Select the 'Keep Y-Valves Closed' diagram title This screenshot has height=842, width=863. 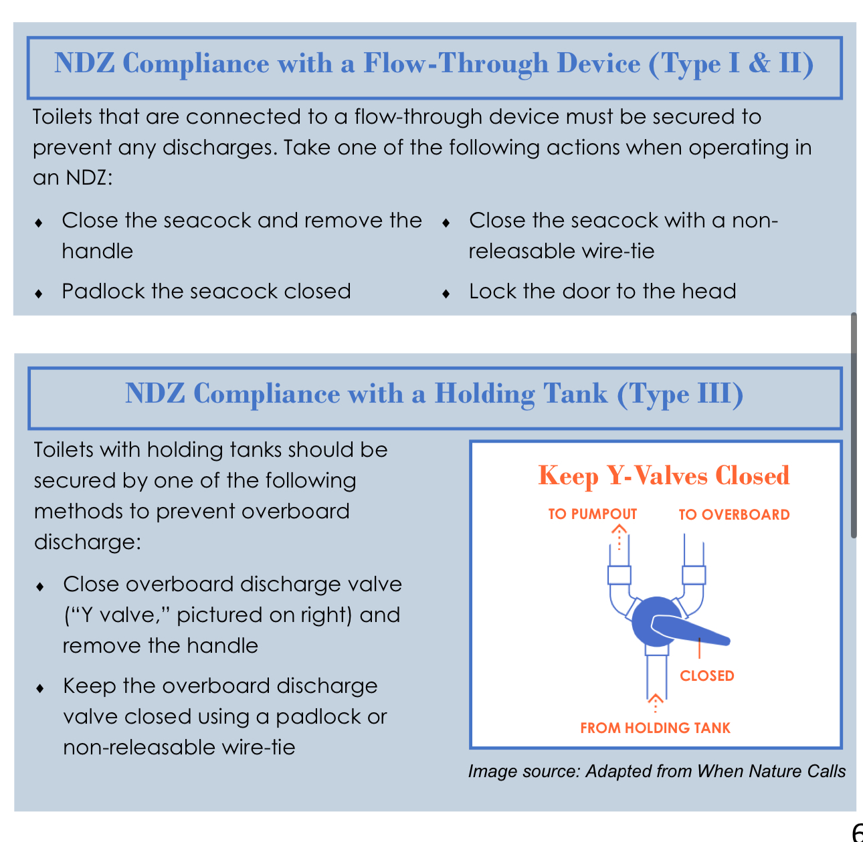click(x=664, y=476)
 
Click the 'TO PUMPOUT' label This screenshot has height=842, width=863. click(x=593, y=514)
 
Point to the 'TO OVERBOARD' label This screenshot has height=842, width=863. click(x=735, y=514)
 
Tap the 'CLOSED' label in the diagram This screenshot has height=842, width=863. click(x=707, y=675)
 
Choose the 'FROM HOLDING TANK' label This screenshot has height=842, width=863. click(x=655, y=728)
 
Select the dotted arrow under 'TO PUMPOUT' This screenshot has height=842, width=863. click(x=619, y=537)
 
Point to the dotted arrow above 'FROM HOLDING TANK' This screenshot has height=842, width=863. click(x=656, y=703)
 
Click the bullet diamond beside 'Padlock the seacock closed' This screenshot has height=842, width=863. click(x=39, y=293)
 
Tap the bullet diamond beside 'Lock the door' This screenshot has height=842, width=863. click(x=446, y=293)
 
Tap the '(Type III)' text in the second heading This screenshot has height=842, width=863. click(x=680, y=394)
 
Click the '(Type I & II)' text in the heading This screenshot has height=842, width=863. click(x=731, y=64)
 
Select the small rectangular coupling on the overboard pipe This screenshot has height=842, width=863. click(x=694, y=575)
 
